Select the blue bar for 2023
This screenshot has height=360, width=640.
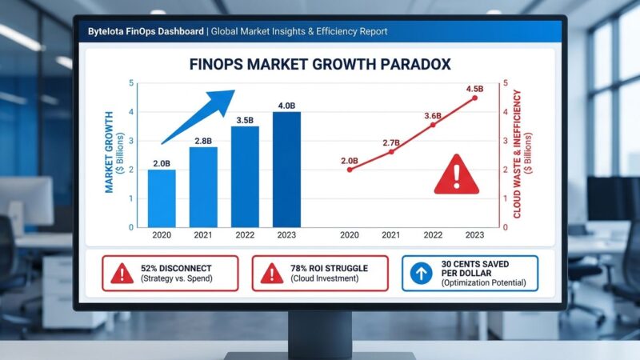(286, 169)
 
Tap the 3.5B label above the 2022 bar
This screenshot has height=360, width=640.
(245, 120)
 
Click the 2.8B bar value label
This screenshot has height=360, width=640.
(203, 141)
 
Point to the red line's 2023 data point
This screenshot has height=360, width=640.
(474, 98)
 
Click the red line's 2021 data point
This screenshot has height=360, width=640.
(391, 151)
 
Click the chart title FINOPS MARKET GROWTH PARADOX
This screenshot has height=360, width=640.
(320, 64)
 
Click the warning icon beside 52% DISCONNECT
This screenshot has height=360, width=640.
(122, 274)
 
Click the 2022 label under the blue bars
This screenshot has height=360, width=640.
(245, 235)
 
